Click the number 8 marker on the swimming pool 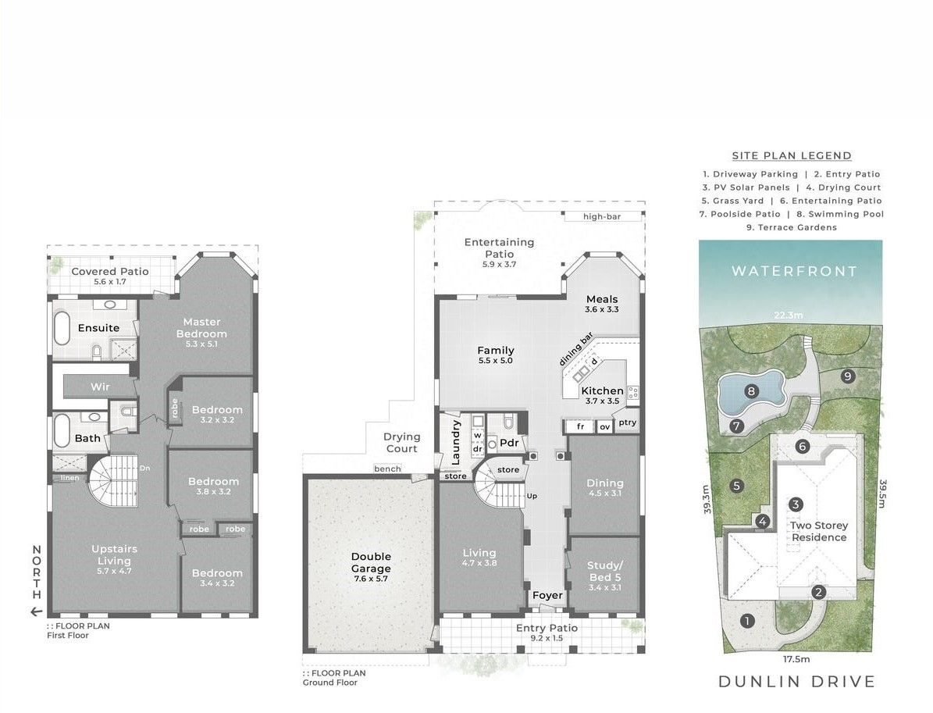752,391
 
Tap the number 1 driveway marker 746,622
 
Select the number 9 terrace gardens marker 848,376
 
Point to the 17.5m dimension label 796,659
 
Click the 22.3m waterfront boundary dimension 789,316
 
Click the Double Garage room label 371,562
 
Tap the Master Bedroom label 201,328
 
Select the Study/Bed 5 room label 604,572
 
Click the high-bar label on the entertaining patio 602,216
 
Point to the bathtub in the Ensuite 62,328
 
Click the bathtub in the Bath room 62,430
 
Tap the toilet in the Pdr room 508,422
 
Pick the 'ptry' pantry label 627,422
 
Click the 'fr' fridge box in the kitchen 580,426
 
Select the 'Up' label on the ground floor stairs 532,496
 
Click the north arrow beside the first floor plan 37,611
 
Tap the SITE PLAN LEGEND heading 792,156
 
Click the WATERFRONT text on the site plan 794,272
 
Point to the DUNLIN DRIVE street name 796,682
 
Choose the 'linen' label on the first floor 69,478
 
